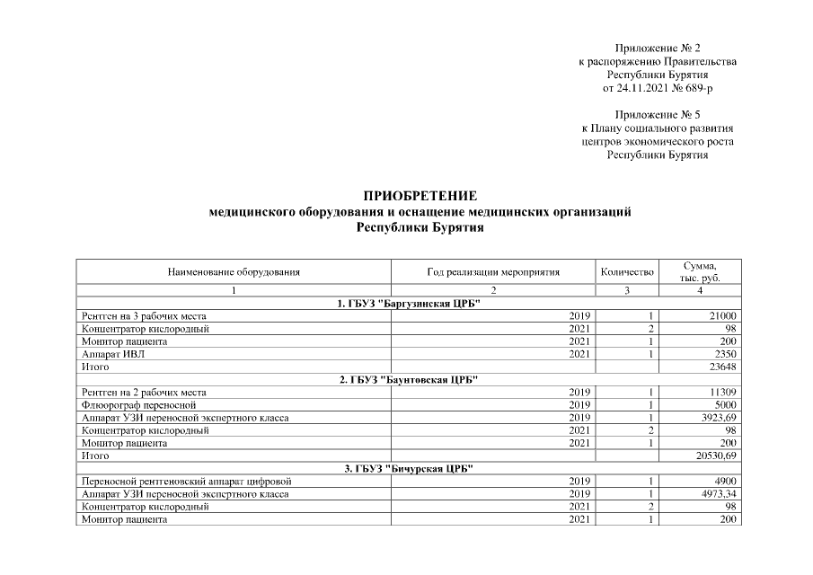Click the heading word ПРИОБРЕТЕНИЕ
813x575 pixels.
click(x=420, y=197)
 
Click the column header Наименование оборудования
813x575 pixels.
click(x=234, y=271)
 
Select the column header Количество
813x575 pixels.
click(x=626, y=271)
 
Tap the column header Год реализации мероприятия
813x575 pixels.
click(x=493, y=271)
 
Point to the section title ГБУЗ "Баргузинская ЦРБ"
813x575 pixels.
click(x=409, y=304)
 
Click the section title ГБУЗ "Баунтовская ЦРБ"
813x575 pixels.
click(x=409, y=380)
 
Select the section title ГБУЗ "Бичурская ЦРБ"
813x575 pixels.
click(x=409, y=469)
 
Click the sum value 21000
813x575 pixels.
click(x=723, y=316)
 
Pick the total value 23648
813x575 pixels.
click(x=723, y=367)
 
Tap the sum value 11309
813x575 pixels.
click(x=723, y=393)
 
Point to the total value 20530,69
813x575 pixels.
click(x=716, y=456)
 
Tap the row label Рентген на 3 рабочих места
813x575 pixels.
click(x=144, y=316)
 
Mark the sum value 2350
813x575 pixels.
click(x=725, y=355)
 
